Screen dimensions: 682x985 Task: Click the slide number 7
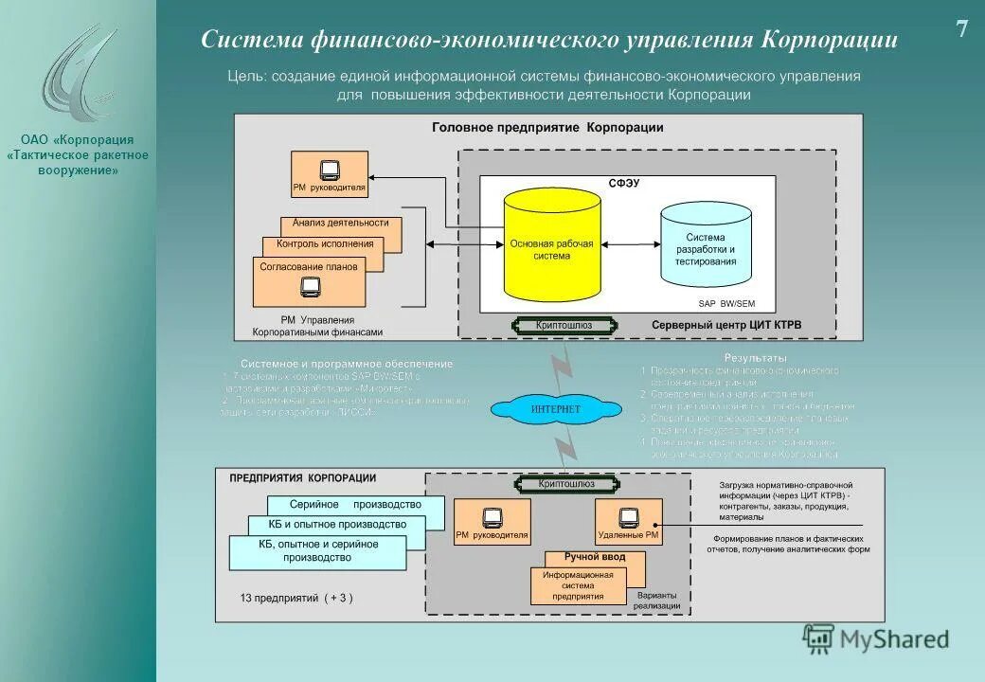pyautogui.click(x=961, y=29)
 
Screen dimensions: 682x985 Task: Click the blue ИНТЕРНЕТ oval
pyautogui.click(x=556, y=409)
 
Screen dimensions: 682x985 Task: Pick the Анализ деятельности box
pyautogui.click(x=341, y=224)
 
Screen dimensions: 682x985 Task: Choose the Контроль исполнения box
pyautogui.click(x=325, y=244)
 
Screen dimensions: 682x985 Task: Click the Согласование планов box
pyautogui.click(x=310, y=267)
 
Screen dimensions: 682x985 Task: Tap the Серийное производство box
pyautogui.click(x=355, y=505)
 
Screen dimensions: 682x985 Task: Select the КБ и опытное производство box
pyautogui.click(x=337, y=524)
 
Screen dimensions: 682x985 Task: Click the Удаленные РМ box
pyautogui.click(x=628, y=522)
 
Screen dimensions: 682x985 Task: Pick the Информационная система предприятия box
pyautogui.click(x=578, y=585)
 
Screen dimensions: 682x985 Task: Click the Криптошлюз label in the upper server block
pyautogui.click(x=564, y=325)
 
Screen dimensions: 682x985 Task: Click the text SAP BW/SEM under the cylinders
pyautogui.click(x=726, y=304)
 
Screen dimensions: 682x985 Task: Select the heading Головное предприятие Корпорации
pyautogui.click(x=547, y=127)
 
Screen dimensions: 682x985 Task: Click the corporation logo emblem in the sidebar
pyautogui.click(x=79, y=76)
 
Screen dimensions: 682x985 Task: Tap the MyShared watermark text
pyautogui.click(x=891, y=639)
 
